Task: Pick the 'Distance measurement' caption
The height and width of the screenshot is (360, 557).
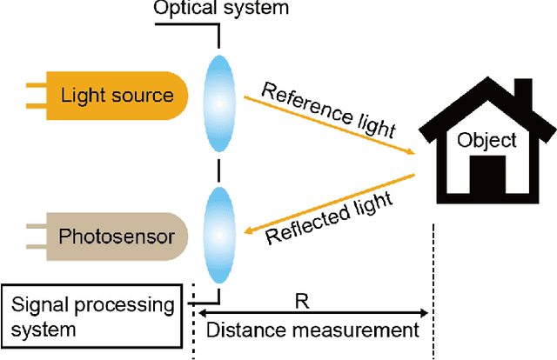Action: (x=312, y=330)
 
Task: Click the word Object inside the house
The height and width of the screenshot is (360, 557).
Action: (x=488, y=140)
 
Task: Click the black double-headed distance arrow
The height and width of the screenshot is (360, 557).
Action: (x=313, y=312)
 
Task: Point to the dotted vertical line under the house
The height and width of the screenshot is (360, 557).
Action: (x=433, y=287)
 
